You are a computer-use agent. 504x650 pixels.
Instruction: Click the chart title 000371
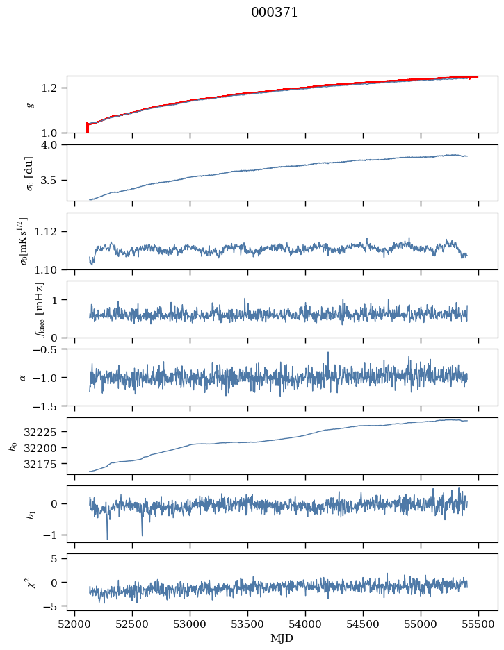pyautogui.click(x=275, y=12)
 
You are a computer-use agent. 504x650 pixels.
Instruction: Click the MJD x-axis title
pyautogui.click(x=282, y=638)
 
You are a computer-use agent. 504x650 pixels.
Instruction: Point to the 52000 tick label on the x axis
pyautogui.click(x=76, y=624)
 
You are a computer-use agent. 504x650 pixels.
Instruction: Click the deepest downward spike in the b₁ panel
pyautogui.click(x=107, y=538)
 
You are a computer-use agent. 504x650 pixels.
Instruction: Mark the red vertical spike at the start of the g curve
pyautogui.click(x=87, y=128)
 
